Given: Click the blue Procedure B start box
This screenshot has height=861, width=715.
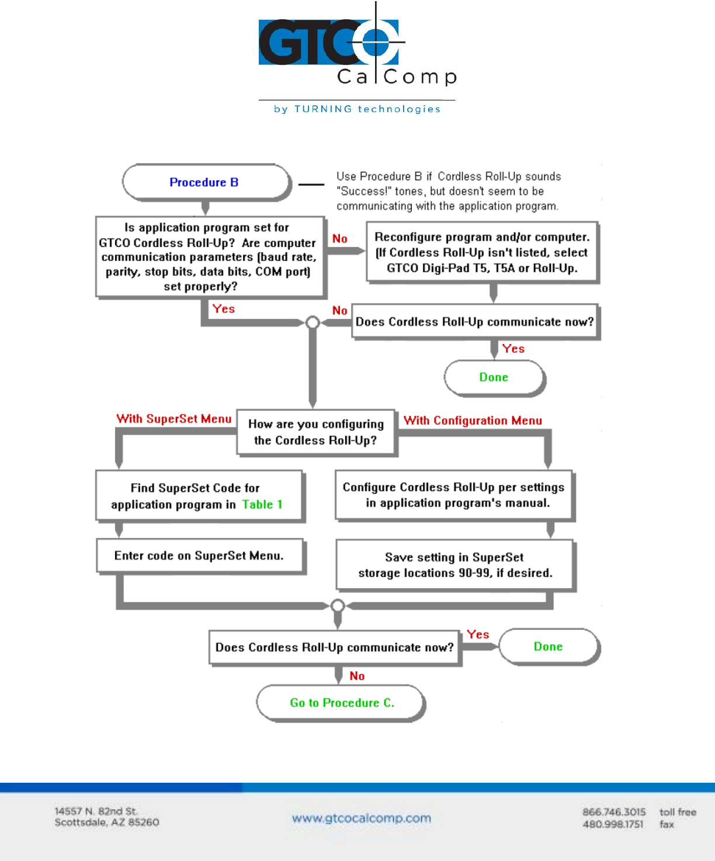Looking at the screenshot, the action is click(206, 182).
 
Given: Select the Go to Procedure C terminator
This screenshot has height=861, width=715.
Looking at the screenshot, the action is click(341, 703).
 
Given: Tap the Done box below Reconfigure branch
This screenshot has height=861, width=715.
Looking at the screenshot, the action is click(494, 377).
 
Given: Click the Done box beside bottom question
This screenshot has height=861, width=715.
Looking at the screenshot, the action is click(549, 647).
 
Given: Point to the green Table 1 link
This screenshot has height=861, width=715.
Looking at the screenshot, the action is click(262, 504).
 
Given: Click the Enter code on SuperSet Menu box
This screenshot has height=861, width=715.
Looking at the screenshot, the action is click(200, 556).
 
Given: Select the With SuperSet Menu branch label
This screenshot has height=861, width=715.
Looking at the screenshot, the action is click(173, 419).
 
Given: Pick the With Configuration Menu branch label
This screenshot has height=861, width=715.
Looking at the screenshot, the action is click(473, 420).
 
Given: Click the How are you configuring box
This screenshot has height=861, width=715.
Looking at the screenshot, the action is click(316, 433).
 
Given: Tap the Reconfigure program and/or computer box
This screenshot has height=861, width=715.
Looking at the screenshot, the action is click(483, 252).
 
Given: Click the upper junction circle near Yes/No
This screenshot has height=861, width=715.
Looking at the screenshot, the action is click(313, 322).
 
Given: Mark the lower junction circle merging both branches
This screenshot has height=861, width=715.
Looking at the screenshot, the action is click(338, 606).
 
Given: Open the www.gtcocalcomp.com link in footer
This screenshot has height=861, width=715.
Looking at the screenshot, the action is click(362, 818).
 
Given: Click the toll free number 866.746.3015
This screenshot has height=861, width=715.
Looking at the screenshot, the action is click(614, 812).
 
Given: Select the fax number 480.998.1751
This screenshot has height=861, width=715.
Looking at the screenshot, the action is click(613, 824).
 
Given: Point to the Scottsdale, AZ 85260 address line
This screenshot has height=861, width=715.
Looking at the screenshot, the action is click(107, 822).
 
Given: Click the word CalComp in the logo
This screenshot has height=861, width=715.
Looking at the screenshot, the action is click(397, 77).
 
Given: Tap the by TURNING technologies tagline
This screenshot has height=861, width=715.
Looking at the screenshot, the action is click(357, 109).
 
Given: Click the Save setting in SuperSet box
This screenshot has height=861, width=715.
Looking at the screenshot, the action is click(456, 565).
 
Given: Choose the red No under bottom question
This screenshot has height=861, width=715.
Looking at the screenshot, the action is click(357, 676).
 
